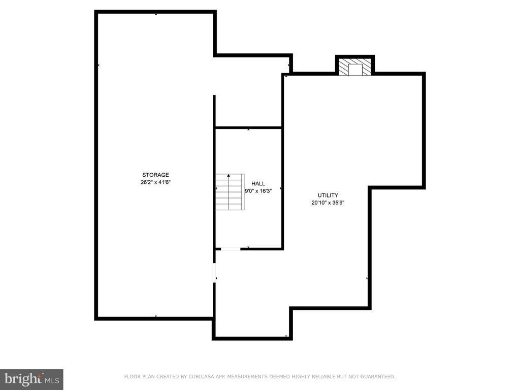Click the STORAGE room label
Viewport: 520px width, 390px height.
(155, 175)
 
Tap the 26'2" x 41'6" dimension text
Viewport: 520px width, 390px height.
(155, 182)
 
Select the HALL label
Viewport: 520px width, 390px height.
(258, 184)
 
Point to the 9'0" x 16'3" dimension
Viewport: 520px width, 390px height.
(258, 191)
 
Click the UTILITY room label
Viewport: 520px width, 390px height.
(328, 195)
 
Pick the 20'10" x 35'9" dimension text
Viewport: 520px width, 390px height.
(328, 203)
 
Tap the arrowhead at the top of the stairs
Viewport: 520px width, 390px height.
(229, 175)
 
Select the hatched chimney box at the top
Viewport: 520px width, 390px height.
(354, 68)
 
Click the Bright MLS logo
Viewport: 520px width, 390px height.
(31, 378)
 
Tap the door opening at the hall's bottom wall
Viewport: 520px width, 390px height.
(231, 249)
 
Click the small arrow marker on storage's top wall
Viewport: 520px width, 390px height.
(155, 14)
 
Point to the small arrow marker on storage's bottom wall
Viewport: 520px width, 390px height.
(155, 317)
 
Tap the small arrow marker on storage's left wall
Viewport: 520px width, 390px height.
(98, 66)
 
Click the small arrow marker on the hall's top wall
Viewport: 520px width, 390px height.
(248, 129)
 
